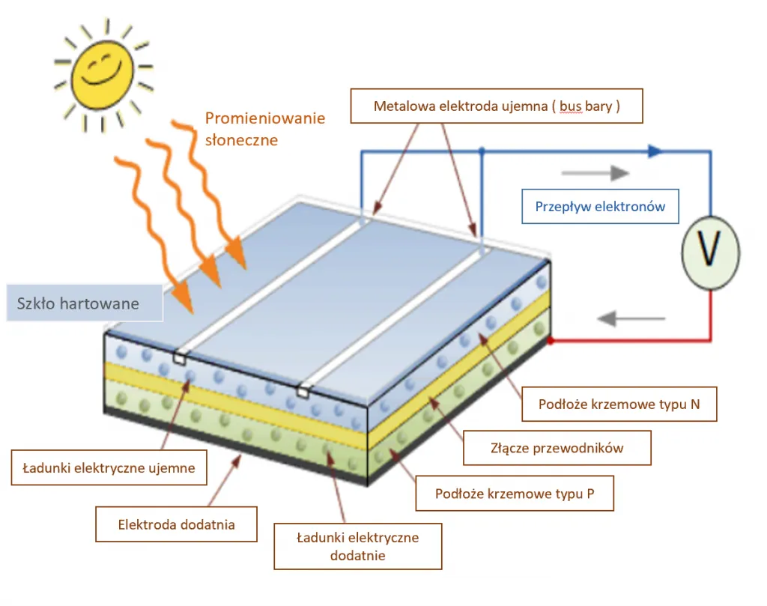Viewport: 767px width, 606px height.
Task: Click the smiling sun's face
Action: [x=103, y=69]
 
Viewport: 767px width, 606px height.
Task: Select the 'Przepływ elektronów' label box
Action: [x=599, y=207]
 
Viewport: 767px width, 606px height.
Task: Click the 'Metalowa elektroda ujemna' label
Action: [x=497, y=106]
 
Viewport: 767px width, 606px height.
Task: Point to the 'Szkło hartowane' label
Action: [x=79, y=303]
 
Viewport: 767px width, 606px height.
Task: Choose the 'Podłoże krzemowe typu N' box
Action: [x=619, y=404]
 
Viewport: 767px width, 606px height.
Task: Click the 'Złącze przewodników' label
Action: [x=557, y=448]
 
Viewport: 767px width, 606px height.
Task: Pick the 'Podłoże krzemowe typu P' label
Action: [x=515, y=494]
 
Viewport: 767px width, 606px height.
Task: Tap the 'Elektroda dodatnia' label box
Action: [x=176, y=524]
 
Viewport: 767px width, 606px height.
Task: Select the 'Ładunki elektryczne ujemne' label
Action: [x=109, y=467]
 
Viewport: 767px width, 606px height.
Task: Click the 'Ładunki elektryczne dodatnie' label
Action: [x=357, y=546]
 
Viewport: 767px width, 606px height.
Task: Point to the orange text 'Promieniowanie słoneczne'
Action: [x=264, y=129]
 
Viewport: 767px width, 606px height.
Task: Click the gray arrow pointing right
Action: [x=595, y=173]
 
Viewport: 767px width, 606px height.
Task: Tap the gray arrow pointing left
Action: [x=631, y=319]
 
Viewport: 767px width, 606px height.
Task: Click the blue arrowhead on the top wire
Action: [x=655, y=151]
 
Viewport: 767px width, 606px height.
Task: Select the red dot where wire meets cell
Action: [x=551, y=341]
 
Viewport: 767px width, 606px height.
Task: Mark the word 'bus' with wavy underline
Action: [x=570, y=106]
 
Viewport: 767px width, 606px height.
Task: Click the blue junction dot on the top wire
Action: [x=482, y=151]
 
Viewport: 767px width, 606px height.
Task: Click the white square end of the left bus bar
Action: [x=179, y=358]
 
